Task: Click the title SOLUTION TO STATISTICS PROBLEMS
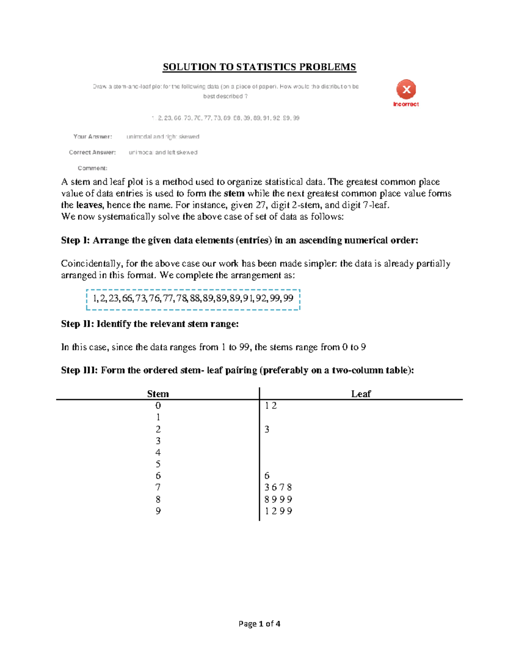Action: [x=259, y=67]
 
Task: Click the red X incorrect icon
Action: [x=406, y=89]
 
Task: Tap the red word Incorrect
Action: [x=406, y=104]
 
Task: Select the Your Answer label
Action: [x=93, y=137]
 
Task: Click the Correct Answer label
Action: [x=92, y=153]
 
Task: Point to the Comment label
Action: [x=93, y=168]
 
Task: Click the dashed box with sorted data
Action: [x=193, y=299]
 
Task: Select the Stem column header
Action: [x=158, y=394]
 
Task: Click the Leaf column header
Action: [x=361, y=394]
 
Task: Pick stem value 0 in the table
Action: [x=158, y=406]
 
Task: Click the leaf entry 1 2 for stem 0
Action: [x=271, y=406]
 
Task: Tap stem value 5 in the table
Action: [x=158, y=464]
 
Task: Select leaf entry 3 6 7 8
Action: [x=278, y=487]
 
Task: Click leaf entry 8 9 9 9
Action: [x=278, y=499]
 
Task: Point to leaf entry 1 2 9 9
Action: [x=278, y=511]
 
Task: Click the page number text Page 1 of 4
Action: [x=259, y=623]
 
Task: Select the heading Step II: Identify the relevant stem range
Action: [x=150, y=324]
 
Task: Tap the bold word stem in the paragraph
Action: [x=234, y=194]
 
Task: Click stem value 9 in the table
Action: [x=158, y=511]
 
